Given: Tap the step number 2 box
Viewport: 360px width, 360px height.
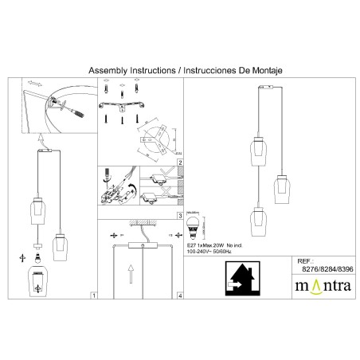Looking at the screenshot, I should pyautogui.click(x=180, y=162).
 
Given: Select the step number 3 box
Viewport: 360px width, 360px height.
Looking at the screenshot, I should pyautogui.click(x=180, y=216).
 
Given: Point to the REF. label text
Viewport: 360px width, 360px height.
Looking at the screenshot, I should pyautogui.click(x=304, y=260).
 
